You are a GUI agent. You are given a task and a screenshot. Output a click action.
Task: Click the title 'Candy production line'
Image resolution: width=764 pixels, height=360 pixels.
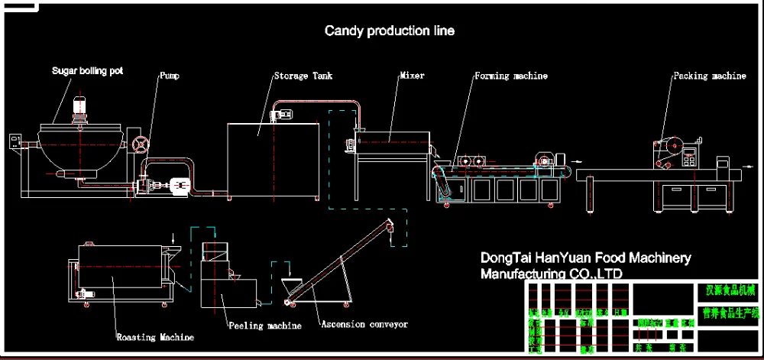coord(390,31)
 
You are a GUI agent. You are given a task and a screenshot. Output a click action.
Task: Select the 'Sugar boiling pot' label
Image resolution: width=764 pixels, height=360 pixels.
coord(87,71)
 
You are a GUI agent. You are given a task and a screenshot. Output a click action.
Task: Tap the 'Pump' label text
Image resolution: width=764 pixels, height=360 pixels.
coord(170,76)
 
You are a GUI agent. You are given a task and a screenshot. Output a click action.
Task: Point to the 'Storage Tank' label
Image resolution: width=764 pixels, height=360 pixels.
coord(303,76)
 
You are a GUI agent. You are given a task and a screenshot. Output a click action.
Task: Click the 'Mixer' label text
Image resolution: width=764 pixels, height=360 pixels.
coord(412,76)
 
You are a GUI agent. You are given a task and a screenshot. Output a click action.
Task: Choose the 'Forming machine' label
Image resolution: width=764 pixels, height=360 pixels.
coord(510,76)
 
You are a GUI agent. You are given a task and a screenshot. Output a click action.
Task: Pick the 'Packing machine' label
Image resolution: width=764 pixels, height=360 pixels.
coord(709,76)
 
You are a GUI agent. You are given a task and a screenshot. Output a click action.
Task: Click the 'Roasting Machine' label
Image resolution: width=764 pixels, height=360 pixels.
coord(155,336)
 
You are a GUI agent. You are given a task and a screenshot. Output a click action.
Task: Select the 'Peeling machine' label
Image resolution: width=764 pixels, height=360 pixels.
coord(264,326)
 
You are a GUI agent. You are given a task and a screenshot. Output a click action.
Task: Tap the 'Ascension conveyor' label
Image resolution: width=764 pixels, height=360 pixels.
coord(364,324)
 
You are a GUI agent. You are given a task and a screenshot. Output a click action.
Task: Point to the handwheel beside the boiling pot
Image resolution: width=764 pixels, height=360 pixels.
coord(140,145)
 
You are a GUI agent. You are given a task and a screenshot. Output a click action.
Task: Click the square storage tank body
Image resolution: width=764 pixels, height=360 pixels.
coord(274,161)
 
